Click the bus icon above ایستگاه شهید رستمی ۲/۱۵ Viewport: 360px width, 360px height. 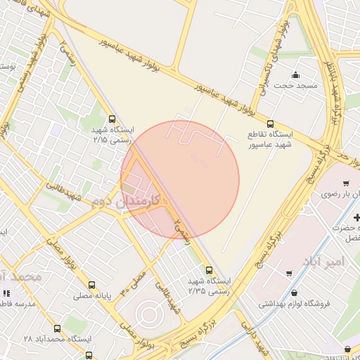tap(112, 120)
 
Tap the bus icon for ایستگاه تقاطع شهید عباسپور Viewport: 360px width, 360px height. tap(270, 124)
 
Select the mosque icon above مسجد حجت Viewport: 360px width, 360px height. tap(295, 75)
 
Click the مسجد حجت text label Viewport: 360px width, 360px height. tap(295, 85)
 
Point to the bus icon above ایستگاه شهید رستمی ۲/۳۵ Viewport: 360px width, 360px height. tap(209, 269)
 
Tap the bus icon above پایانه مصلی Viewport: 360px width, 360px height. tap(91, 285)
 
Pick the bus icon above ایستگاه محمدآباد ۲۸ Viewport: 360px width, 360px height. tap(57, 328)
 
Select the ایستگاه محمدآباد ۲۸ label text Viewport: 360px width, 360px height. tap(58, 339)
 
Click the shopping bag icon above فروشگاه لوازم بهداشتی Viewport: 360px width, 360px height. tap(293, 293)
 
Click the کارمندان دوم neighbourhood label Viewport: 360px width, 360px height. tap(127, 201)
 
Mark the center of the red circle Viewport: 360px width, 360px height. tap(180, 180)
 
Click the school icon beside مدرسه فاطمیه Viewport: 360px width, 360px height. tap(6, 293)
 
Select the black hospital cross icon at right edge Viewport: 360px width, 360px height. tap(356, 219)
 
